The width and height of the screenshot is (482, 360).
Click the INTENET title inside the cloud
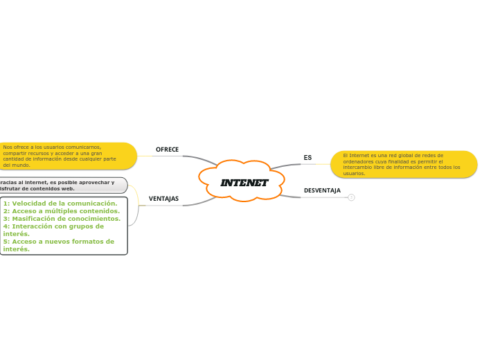point(244,183)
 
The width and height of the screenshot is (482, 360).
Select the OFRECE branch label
point(167,150)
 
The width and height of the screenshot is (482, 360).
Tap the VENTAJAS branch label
point(163,199)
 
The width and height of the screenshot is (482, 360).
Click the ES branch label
point(307,158)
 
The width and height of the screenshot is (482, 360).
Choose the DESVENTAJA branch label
point(322,190)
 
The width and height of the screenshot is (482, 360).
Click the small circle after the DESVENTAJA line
point(351,197)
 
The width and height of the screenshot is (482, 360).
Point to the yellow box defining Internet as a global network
point(404,165)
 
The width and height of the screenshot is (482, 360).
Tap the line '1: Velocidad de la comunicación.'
point(60,204)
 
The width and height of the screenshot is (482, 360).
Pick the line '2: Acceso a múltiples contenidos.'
point(62,211)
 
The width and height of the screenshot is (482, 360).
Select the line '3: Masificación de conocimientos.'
point(62,219)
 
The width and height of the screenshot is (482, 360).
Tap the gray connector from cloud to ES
point(285,165)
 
